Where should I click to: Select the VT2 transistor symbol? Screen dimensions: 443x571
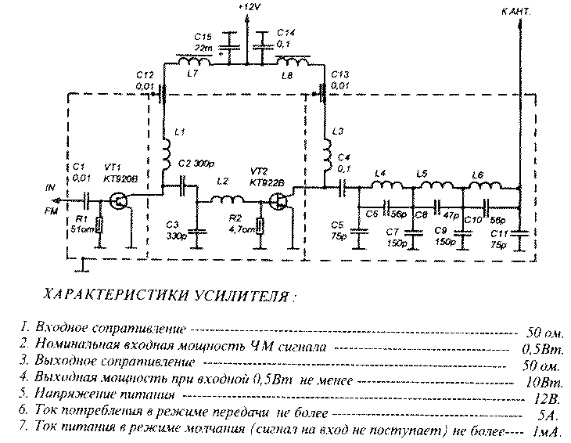[x=279, y=201]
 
